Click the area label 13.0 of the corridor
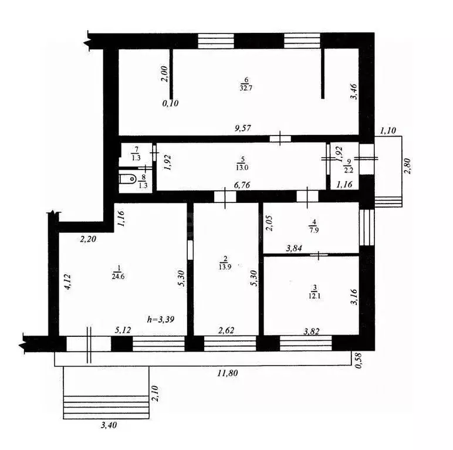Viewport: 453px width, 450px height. point(241,165)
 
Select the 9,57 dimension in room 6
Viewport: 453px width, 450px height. point(241,128)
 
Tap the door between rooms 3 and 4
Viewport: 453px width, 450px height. point(319,255)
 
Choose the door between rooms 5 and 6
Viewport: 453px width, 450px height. point(282,138)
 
